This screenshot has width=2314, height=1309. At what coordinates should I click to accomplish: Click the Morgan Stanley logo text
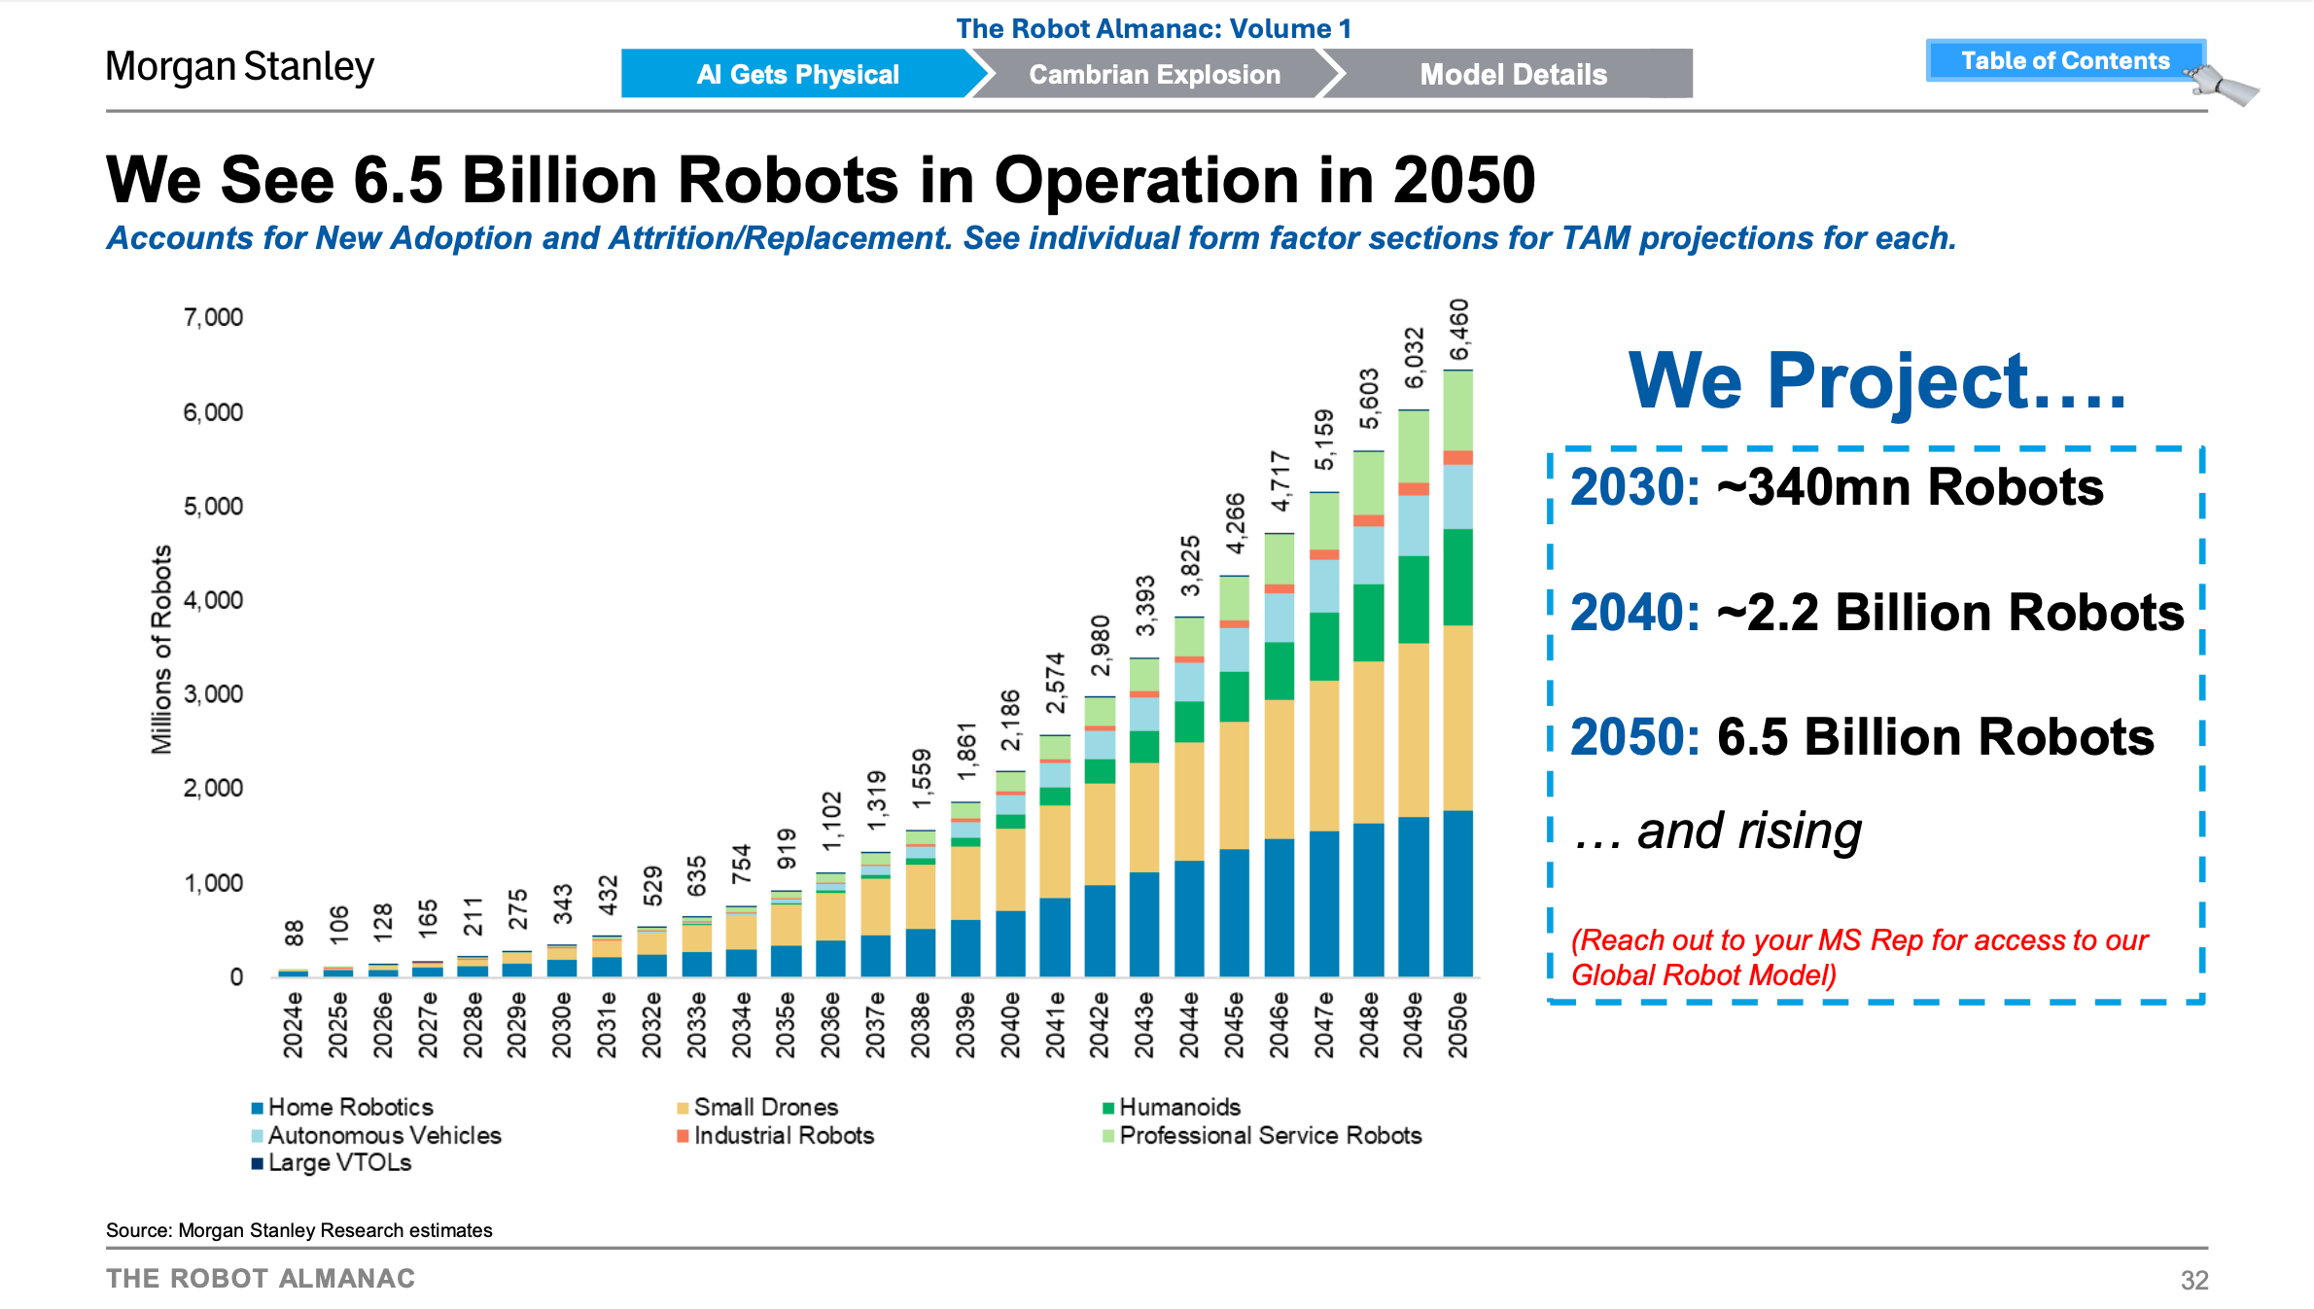239,67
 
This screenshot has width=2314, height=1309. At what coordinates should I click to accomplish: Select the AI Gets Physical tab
797,74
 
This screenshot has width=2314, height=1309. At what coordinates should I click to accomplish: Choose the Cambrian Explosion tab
1154,74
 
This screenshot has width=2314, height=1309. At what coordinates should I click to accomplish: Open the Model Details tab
1513,74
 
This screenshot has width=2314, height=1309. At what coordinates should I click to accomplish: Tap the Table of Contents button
2064,60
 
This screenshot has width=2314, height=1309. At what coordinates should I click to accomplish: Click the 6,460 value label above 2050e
1458,330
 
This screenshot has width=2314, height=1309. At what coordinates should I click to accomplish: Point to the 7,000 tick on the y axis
213,317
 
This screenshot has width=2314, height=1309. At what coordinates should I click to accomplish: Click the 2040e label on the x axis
1010,1024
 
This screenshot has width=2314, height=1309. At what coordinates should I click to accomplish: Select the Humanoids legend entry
1178,1107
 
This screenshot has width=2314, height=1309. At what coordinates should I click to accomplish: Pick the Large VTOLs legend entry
338,1162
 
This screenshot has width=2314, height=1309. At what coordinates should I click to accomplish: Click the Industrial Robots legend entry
783,1135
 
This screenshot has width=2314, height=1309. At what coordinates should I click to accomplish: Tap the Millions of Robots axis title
160,649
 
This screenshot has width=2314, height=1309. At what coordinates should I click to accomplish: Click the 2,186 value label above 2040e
1010,721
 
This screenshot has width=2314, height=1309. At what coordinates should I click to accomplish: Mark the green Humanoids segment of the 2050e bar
1457,577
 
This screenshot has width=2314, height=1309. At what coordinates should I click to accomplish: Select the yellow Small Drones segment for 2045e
1234,785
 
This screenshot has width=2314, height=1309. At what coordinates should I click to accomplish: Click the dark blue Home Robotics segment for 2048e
1368,900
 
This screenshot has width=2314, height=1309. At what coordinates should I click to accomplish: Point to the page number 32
2193,1280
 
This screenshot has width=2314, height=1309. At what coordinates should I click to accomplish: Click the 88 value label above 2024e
294,934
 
